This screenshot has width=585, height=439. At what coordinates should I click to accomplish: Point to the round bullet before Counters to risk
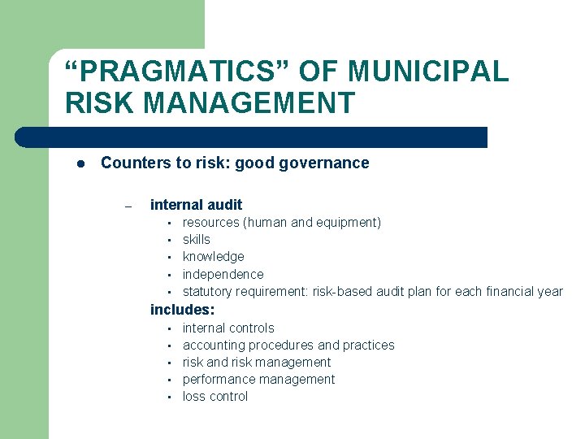(x=80, y=163)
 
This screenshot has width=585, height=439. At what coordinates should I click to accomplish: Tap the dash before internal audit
(x=128, y=206)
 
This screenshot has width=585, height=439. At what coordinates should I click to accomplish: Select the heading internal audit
(x=196, y=205)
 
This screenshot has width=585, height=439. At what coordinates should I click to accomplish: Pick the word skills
(x=196, y=239)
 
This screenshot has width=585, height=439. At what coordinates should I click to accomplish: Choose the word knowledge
(x=213, y=256)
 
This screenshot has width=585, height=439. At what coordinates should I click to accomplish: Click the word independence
(x=223, y=274)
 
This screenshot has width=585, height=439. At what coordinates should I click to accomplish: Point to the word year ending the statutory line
(x=548, y=291)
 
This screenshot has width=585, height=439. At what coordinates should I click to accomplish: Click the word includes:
(x=182, y=310)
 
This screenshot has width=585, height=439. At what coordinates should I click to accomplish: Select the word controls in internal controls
(x=252, y=328)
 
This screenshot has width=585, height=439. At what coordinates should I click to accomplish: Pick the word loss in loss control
(x=193, y=396)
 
